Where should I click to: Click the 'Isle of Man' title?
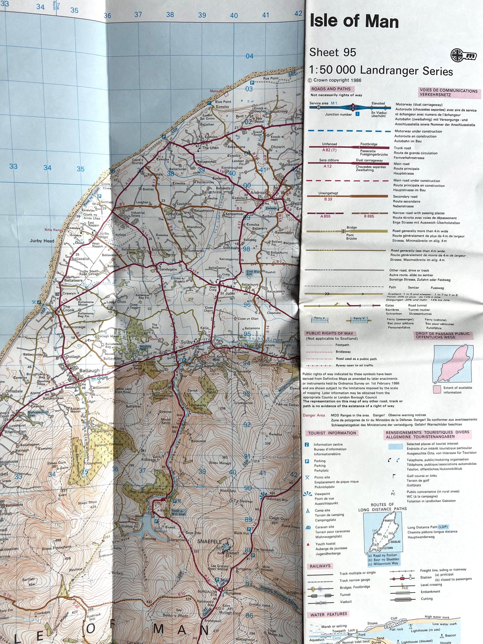pyautogui.click(x=354, y=21)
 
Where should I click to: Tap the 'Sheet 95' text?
pyautogui.click(x=333, y=52)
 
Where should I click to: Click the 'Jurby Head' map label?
pyautogui.click(x=42, y=241)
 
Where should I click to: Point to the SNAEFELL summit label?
pyautogui.click(x=209, y=541)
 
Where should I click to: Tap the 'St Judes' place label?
pyautogui.click(x=227, y=293)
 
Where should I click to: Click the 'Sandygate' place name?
pyautogui.click(x=168, y=269)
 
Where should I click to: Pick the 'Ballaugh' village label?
pyautogui.click(x=89, y=371)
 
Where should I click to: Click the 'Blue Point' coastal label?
pyautogui.click(x=223, y=102)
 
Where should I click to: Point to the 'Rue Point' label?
pyautogui.click(x=271, y=78)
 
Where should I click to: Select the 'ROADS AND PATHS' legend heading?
pyautogui.click(x=331, y=89)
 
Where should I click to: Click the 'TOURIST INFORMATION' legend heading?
pyautogui.click(x=332, y=433)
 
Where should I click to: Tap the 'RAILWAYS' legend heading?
pyautogui.click(x=320, y=566)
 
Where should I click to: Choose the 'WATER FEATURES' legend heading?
pyautogui.click(x=329, y=614)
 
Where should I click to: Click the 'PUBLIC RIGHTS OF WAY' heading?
pyautogui.click(x=330, y=333)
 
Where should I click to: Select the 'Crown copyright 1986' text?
pyautogui.click(x=335, y=80)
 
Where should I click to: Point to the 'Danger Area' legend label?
pyautogui.click(x=314, y=415)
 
